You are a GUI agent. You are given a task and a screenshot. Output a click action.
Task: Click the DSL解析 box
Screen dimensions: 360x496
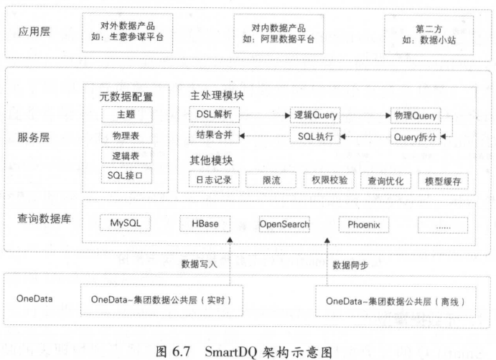tap(213, 115)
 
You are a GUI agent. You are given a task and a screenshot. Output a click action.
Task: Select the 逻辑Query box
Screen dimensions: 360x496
tap(316, 115)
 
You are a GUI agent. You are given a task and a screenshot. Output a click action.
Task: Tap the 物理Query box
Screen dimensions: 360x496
tap(414, 115)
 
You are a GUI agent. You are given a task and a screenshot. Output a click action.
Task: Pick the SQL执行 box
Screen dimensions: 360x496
tap(316, 135)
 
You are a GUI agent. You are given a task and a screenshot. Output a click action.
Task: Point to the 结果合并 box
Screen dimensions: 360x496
tap(213, 135)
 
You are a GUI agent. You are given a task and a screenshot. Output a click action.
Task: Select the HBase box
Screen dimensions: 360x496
tap(205, 224)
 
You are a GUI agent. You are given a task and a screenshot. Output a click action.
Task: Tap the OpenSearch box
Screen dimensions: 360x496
tap(284, 224)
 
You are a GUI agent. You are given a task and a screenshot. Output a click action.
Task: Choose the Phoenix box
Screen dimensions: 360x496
tap(363, 224)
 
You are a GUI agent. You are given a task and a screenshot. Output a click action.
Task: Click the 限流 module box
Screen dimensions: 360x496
tap(271, 180)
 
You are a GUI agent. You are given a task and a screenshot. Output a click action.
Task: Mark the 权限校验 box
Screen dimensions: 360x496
tap(326, 180)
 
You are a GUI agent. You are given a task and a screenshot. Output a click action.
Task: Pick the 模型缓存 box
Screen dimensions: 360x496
tap(442, 180)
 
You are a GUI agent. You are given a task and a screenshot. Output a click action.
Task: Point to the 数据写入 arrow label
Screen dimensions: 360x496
tap(200, 264)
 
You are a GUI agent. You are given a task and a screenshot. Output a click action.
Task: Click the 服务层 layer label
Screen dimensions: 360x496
tap(30, 137)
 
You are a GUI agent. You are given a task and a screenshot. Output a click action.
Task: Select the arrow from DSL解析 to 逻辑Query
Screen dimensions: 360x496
tap(264, 115)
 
